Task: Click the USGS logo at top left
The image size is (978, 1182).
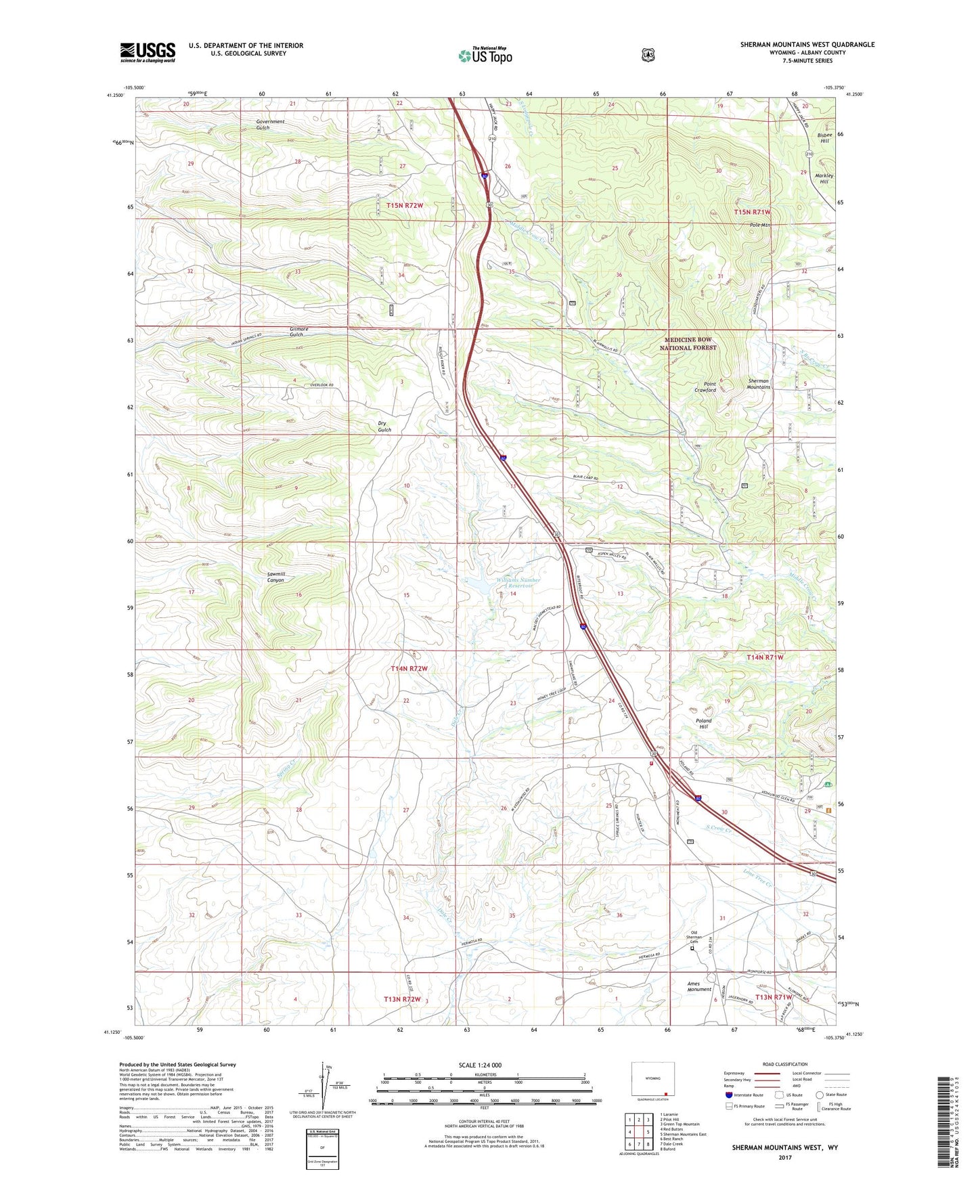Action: click(148, 52)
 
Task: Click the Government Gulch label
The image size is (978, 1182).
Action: click(270, 125)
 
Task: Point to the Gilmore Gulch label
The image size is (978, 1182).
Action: click(298, 332)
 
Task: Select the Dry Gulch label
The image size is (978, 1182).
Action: click(384, 426)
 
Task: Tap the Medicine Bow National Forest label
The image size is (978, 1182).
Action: click(688, 343)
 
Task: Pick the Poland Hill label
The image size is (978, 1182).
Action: click(704, 724)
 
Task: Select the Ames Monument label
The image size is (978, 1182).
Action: click(699, 986)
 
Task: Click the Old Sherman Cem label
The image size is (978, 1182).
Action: click(694, 938)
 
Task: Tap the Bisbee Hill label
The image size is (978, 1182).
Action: click(824, 137)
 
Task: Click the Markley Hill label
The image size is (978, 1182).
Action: click(824, 178)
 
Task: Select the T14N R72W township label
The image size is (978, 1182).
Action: click(409, 668)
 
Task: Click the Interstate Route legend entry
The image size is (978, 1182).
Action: click(744, 1095)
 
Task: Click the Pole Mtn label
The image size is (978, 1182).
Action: click(760, 225)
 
